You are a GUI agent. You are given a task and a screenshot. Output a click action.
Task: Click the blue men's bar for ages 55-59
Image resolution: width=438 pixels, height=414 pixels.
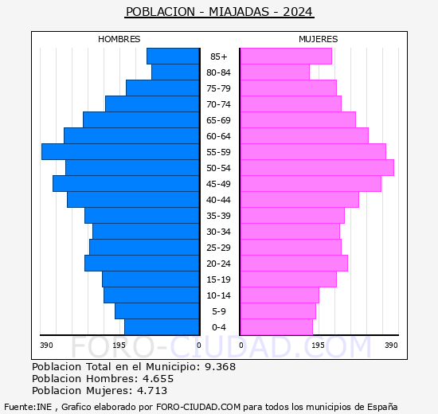click(x=120, y=152)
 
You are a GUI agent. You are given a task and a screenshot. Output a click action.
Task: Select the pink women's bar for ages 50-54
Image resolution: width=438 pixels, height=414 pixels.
click(x=317, y=168)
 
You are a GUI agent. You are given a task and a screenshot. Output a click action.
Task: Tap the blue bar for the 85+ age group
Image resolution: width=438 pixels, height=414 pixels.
click(x=173, y=57)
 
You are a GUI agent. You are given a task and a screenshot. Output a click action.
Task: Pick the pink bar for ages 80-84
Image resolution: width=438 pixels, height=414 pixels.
click(x=275, y=72)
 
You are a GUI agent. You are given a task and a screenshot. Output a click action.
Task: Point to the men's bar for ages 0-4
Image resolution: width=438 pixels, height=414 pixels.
click(x=162, y=327)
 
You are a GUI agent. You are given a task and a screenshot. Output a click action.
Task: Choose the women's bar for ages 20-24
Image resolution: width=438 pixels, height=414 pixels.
click(x=294, y=264)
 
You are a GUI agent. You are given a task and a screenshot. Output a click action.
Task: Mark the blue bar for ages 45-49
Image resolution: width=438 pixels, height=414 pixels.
click(x=126, y=184)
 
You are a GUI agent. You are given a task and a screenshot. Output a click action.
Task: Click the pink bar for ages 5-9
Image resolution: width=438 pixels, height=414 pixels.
click(x=278, y=311)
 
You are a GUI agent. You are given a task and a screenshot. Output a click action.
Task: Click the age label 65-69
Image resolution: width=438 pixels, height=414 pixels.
click(x=218, y=120)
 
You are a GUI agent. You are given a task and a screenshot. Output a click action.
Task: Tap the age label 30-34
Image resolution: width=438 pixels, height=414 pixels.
click(x=218, y=232)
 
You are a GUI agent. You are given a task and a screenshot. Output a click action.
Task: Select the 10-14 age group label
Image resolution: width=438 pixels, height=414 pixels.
click(x=218, y=295)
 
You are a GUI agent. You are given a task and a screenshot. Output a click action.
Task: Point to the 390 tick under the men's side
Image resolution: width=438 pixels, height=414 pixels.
click(x=46, y=346)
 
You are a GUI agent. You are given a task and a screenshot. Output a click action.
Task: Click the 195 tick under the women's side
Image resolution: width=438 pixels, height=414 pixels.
click(x=318, y=346)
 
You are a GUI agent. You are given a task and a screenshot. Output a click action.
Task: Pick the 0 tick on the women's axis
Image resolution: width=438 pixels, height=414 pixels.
click(x=241, y=346)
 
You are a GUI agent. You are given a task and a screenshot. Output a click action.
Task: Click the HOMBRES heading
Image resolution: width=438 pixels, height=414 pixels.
click(x=119, y=39)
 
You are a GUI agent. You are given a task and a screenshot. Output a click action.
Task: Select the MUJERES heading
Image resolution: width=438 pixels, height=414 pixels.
click(x=319, y=39)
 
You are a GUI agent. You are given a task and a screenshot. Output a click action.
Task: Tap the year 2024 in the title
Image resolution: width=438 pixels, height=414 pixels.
click(x=298, y=12)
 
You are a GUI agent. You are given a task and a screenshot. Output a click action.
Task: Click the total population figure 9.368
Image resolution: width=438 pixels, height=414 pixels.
click(x=220, y=366)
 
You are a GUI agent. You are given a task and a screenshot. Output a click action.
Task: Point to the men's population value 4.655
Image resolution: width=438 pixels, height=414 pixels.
click(x=158, y=378)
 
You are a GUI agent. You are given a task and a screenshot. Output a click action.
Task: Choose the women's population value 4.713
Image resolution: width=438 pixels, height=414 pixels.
click(x=152, y=390)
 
